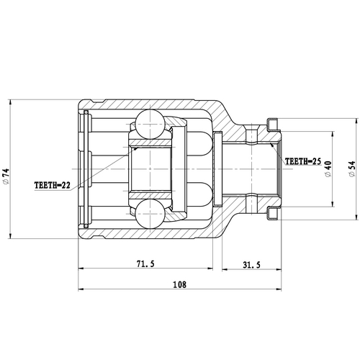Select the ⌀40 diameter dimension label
tap(328, 167)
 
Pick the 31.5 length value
tap(250, 264)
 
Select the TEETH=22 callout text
tap(53, 185)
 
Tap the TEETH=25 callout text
tap(303, 161)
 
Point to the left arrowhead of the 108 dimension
tap(79, 290)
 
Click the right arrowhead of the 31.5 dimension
tap(276, 270)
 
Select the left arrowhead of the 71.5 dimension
tap(79, 270)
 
